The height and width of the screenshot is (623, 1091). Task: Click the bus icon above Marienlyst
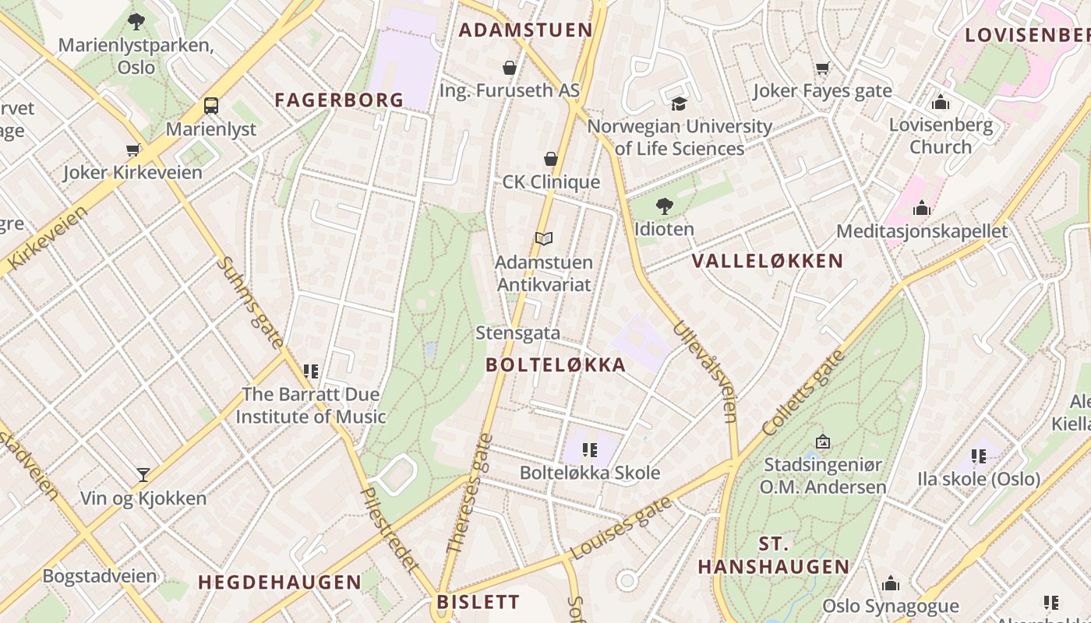[x=210, y=105]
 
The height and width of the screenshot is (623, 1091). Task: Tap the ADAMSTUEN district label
[x=525, y=30]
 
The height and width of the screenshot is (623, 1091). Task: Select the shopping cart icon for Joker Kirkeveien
[x=132, y=150]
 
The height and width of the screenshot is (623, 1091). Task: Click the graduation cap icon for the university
[x=679, y=104]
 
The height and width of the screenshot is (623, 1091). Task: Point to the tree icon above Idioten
[x=664, y=206]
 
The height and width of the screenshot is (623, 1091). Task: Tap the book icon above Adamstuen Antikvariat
[x=544, y=239]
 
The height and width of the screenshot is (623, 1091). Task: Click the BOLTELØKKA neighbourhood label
[x=556, y=365]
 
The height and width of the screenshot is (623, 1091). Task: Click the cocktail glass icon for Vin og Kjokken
[x=143, y=475]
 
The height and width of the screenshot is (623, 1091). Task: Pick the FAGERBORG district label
[x=339, y=100]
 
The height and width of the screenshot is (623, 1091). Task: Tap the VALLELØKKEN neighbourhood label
[x=768, y=261]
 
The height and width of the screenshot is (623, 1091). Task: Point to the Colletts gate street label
[x=803, y=393]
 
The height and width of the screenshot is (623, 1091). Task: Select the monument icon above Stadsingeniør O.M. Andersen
[x=822, y=442]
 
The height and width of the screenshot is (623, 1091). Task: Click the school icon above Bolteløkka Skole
[x=589, y=450]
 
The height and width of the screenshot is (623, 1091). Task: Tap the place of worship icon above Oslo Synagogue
[x=891, y=583]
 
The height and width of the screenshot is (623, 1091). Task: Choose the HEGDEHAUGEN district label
[x=280, y=583]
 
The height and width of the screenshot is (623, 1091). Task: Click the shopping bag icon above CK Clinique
[x=551, y=159]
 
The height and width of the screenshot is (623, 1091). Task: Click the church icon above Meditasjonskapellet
[x=922, y=208]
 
